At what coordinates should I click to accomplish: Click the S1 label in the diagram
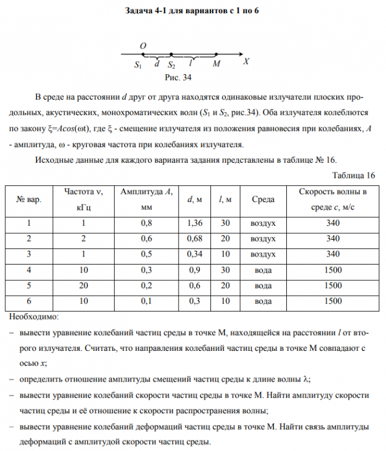tap(137, 65)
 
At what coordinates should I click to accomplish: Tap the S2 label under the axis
tap(172, 65)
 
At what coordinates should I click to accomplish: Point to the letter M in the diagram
tap(216, 64)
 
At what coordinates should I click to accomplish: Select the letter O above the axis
tap(143, 45)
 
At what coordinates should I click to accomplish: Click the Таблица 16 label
tap(353, 175)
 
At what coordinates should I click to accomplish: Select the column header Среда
tap(264, 200)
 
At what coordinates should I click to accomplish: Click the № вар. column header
tap(29, 200)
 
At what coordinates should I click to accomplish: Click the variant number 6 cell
tap(29, 301)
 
